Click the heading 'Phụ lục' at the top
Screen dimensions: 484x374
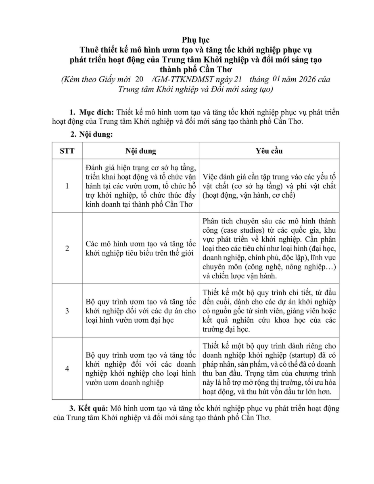coord(196,40)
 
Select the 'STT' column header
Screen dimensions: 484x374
coord(67,151)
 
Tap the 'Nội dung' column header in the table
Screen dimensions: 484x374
coord(140,151)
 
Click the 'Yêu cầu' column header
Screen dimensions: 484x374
coord(269,151)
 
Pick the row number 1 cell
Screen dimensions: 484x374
coord(67,186)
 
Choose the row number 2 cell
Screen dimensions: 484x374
coord(67,248)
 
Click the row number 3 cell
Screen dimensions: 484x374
coord(67,311)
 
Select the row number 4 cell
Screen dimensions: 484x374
coord(67,368)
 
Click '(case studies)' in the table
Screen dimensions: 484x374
coord(240,230)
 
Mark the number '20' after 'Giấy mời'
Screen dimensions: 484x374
coord(140,79)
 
